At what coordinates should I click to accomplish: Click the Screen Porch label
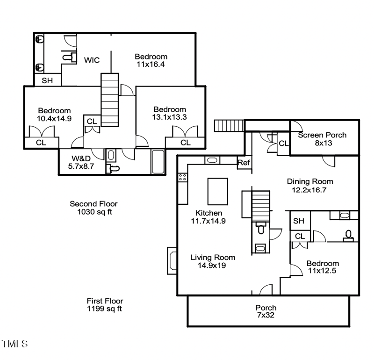click(x=322, y=139)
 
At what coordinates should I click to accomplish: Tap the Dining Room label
click(x=309, y=186)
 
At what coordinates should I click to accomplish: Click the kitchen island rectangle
click(x=217, y=191)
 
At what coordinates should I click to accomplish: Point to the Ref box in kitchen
click(x=244, y=163)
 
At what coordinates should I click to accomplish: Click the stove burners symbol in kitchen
click(x=183, y=177)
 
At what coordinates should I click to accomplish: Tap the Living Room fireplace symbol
click(x=172, y=259)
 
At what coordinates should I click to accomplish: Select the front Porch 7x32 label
click(x=266, y=311)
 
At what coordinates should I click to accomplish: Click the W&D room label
click(x=81, y=161)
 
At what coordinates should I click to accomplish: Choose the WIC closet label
click(x=92, y=60)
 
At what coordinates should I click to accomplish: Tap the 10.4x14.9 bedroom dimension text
click(x=54, y=118)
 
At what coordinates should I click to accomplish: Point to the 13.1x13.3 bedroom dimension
click(x=169, y=117)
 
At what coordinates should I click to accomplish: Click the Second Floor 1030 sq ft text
click(x=93, y=208)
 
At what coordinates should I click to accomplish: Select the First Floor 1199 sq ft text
click(x=105, y=305)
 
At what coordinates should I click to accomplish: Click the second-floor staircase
click(x=110, y=100)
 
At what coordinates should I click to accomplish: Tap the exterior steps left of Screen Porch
click(x=229, y=126)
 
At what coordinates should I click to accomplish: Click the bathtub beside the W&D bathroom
click(x=158, y=162)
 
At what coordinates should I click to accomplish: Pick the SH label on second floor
click(x=47, y=80)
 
